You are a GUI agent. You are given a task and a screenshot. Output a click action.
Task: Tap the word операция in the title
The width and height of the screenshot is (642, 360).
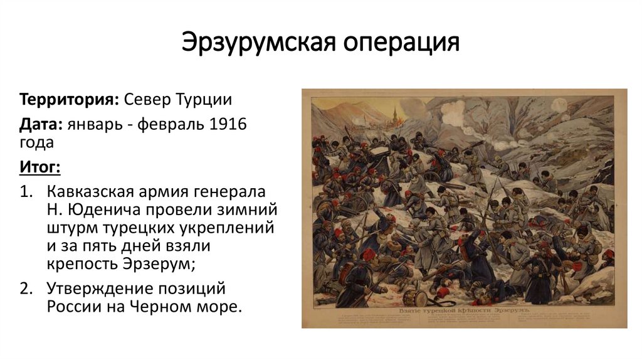tap(401, 43)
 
